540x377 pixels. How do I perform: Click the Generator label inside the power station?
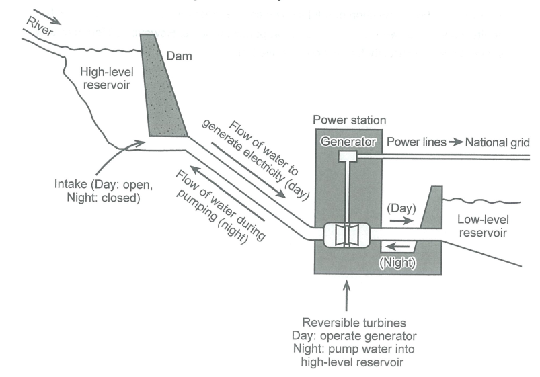pyautogui.click(x=347, y=142)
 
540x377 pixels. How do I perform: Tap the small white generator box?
pyautogui.click(x=348, y=156)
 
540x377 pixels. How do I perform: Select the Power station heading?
pyautogui.click(x=350, y=120)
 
